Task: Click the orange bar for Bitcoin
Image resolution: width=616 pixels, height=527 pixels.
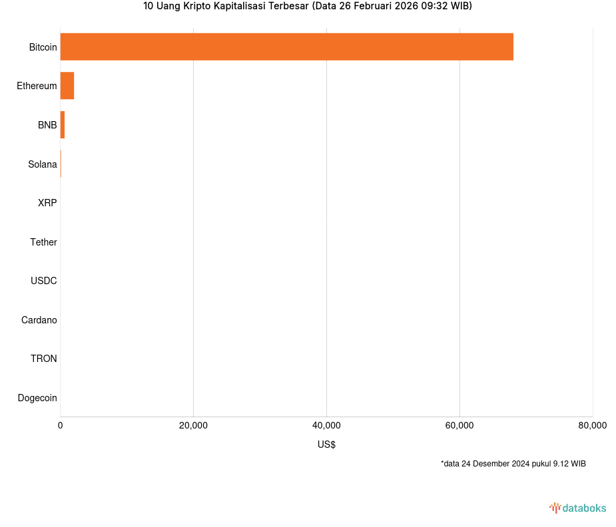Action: click(x=286, y=47)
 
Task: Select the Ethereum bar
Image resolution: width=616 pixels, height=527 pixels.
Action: click(x=67, y=86)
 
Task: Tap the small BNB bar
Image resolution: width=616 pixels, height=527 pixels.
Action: click(x=63, y=125)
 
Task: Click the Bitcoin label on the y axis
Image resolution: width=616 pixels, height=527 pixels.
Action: click(x=43, y=47)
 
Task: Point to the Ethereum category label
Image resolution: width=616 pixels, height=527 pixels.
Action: click(x=37, y=86)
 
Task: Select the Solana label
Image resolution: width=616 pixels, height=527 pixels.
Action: click(x=42, y=164)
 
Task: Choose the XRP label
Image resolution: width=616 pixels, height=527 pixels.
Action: click(x=47, y=203)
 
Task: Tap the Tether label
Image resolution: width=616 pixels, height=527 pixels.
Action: click(x=43, y=242)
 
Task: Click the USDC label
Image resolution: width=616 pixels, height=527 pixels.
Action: click(x=43, y=281)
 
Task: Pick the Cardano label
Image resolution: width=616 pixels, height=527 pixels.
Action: click(x=39, y=320)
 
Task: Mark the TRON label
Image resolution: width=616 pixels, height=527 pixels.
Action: click(x=43, y=359)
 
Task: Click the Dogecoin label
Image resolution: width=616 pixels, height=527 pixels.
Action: click(x=37, y=398)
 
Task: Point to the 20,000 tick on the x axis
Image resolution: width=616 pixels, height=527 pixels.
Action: click(x=193, y=426)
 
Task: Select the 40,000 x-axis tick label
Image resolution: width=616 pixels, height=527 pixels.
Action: click(x=326, y=426)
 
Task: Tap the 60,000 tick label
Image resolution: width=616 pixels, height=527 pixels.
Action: click(x=460, y=426)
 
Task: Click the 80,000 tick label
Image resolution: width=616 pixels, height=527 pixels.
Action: click(x=592, y=426)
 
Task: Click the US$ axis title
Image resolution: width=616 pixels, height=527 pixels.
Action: click(x=326, y=444)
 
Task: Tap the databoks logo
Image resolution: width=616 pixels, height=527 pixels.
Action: click(x=578, y=508)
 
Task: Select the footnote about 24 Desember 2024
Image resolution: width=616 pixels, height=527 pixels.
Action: click(x=513, y=464)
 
